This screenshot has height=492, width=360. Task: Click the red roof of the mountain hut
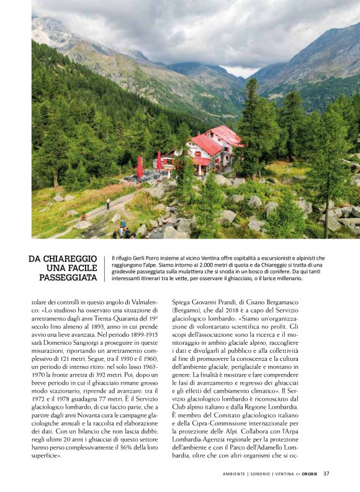coord(206,144)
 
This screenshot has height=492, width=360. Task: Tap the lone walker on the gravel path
coord(108,203)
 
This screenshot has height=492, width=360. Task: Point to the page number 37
coord(326,473)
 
